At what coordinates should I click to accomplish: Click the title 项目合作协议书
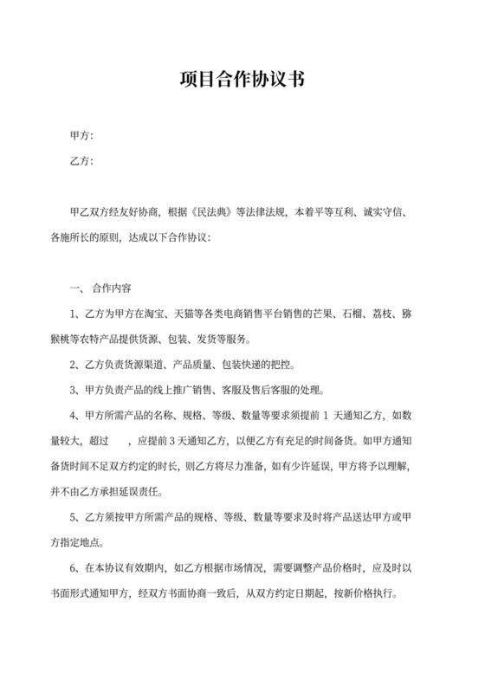pyautogui.click(x=242, y=80)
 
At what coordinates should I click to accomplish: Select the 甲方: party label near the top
pyautogui.click(x=81, y=136)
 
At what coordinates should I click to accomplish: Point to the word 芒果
pyautogui.click(x=346, y=312)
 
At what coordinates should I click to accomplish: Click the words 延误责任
pyautogui.click(x=142, y=490)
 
